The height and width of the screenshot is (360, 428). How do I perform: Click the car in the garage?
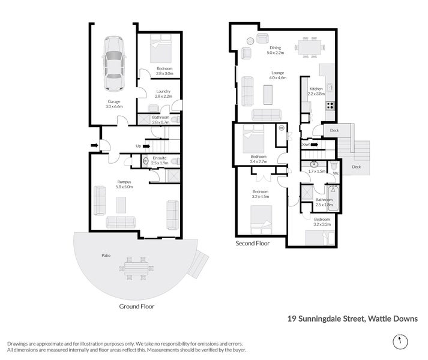[x=114, y=64]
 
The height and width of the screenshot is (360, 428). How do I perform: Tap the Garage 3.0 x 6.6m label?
[x=114, y=104]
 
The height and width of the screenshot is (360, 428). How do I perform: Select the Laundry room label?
[x=163, y=94]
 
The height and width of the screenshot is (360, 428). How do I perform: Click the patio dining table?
[x=136, y=269]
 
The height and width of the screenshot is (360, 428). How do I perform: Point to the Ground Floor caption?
[x=137, y=307]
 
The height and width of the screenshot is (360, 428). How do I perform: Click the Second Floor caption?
[x=253, y=243]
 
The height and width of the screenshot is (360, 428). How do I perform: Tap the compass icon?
[x=400, y=341]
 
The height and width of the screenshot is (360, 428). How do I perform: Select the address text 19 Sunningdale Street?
[x=326, y=319]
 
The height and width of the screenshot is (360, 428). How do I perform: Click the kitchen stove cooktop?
[x=330, y=106]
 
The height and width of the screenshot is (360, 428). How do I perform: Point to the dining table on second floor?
[x=310, y=47]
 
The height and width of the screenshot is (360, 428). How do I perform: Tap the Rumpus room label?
[x=124, y=184]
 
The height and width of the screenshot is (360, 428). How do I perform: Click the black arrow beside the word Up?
[x=146, y=146]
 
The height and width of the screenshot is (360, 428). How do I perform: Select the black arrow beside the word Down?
[x=314, y=145]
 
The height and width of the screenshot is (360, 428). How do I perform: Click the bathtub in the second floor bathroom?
[x=333, y=199]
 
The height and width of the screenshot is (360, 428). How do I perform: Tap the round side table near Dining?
[x=250, y=41]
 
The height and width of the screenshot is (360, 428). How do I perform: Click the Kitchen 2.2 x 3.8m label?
[x=316, y=91]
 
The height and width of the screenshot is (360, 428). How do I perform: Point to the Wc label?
[x=336, y=173]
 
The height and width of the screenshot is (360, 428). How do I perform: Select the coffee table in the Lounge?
[x=268, y=95]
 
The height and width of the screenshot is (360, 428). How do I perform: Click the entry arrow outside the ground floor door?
[x=94, y=145]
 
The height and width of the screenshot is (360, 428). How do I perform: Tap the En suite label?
[x=160, y=160]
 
